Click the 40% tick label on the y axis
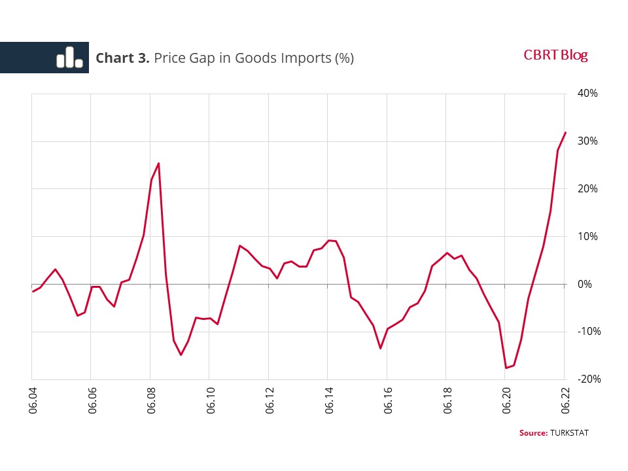pos(588,94)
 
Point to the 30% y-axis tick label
pos(588,141)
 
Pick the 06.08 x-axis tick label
pos(150,401)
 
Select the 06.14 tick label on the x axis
pos(328,401)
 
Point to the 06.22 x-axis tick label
pos(565,401)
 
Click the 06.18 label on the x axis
pos(446,401)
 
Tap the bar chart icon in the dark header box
pos(69,58)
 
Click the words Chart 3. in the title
pos(123,58)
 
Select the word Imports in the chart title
pos(304,58)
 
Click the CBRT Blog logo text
pos(555,56)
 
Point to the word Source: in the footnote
pos(533,433)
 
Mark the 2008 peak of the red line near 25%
pos(159,164)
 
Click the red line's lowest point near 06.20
pos(506,368)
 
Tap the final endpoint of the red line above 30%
pos(565,133)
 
